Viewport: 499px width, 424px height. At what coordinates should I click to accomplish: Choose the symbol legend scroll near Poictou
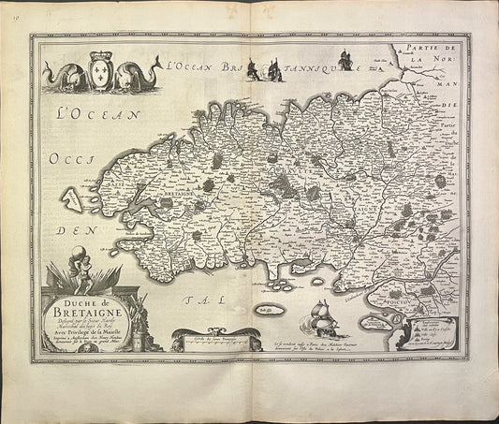tap(435, 329)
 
